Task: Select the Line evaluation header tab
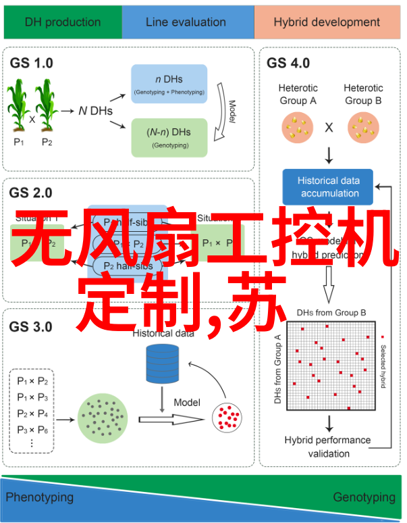pos(186,22)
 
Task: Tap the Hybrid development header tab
pos(326,22)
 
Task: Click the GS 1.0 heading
pos(31,63)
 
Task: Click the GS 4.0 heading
pos(288,63)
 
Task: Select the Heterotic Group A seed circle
pos(298,126)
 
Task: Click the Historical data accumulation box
pos(329,186)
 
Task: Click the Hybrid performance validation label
pos(327,447)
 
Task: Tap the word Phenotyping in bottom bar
pos(40,497)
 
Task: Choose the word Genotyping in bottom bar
pos(364,497)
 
